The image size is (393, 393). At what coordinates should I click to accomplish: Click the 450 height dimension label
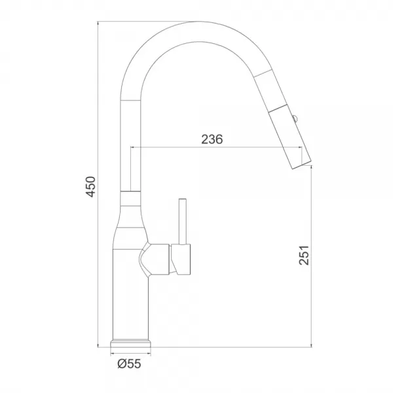[x=90, y=187]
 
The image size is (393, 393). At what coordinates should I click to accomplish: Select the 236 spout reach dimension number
[x=212, y=139]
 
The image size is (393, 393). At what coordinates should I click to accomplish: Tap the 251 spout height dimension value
[x=304, y=255]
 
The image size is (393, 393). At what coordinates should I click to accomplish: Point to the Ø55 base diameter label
[x=129, y=364]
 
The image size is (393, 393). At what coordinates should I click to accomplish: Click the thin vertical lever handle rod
[x=183, y=221]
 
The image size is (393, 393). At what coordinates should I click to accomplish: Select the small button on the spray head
[x=295, y=118]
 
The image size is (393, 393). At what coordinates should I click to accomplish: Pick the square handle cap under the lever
[x=181, y=259]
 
